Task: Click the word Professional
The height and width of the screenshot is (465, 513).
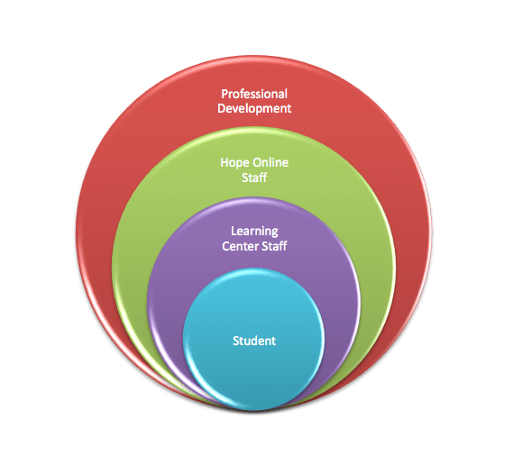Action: pos(254,95)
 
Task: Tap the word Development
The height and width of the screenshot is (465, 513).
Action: pos(254,109)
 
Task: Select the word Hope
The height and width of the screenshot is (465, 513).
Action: pos(234,163)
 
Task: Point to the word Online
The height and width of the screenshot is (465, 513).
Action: pos(270,162)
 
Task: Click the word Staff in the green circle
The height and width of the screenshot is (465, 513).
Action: pos(254,178)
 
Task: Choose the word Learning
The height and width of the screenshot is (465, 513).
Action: pos(254,232)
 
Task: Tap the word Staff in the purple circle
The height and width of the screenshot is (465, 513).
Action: pos(274,246)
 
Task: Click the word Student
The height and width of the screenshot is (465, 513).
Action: pos(254,341)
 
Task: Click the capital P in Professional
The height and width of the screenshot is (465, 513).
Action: pos(224,95)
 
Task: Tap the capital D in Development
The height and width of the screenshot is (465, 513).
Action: pos(222,108)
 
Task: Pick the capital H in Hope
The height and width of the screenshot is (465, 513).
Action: pos(224,162)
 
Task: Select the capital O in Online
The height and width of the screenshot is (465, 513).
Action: pos(257,162)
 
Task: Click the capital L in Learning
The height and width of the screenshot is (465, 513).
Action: pos(234,231)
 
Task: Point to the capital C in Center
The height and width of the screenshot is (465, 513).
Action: pos(225,246)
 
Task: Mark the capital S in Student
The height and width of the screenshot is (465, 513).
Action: pos(236,341)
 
